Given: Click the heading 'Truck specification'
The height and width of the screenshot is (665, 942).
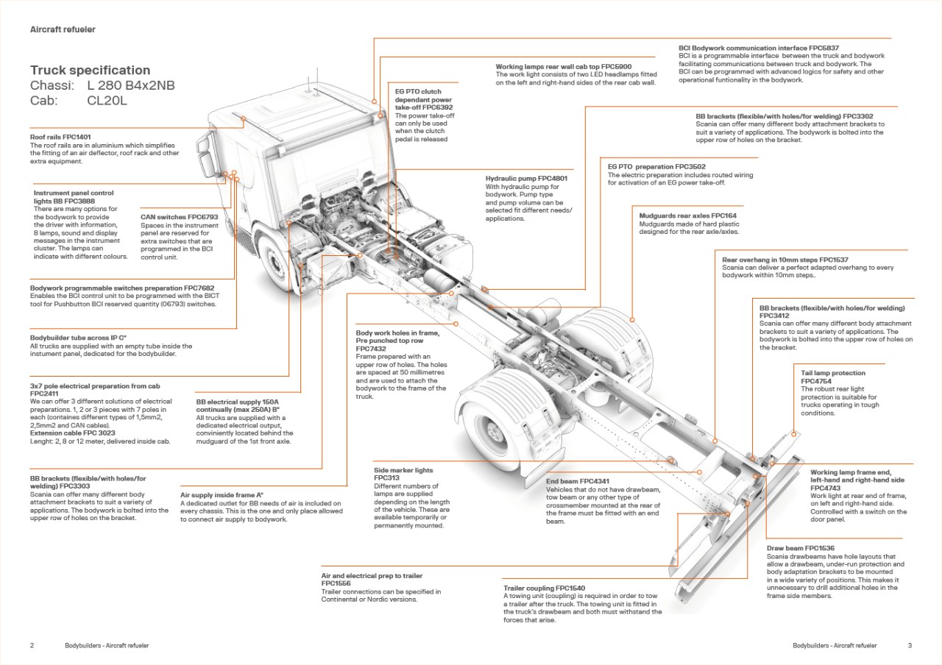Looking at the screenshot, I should point(90,71).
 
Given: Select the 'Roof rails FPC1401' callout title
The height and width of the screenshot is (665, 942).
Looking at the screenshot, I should point(60,137).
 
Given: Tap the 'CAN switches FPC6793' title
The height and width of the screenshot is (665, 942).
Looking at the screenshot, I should point(180,217).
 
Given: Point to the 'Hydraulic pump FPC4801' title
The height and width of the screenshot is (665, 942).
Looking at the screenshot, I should point(526,179).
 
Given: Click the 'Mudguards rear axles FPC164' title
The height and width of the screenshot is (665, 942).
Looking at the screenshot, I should point(687,216).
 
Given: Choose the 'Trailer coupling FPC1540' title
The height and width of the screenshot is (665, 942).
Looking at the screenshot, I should point(545,588).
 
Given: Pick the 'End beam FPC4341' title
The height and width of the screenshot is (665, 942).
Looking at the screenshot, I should point(578,482).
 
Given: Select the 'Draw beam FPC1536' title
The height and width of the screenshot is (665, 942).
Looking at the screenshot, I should point(801,548).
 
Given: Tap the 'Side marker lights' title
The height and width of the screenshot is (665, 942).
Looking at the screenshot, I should point(403,470).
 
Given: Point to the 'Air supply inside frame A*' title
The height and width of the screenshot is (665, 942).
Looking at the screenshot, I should point(222,495).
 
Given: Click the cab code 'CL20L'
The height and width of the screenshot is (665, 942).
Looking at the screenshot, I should point(107,101).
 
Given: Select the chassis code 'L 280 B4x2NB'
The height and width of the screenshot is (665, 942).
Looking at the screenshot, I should point(131,86).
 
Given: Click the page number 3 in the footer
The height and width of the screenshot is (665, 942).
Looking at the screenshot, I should point(910,645).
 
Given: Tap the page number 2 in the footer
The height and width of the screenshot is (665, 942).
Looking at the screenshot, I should point(32,645).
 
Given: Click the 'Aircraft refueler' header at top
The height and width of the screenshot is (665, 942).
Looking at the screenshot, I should point(63,29).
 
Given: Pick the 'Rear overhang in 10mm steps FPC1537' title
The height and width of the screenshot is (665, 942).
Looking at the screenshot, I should point(785,260).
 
